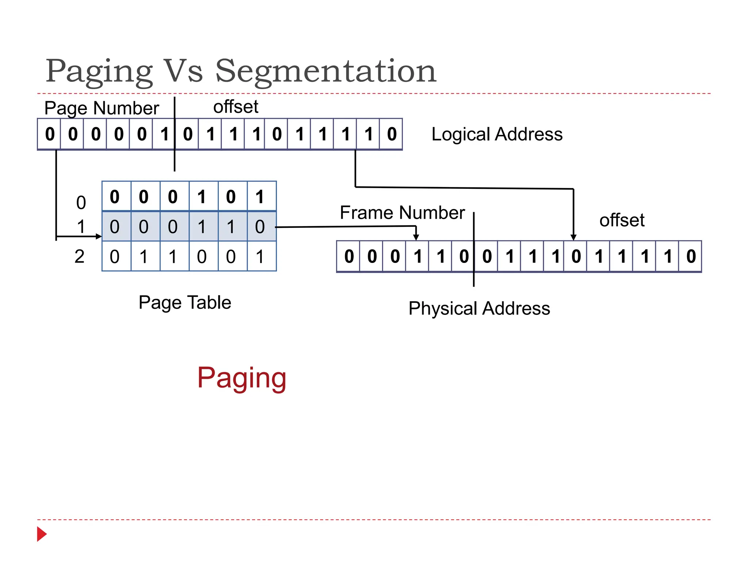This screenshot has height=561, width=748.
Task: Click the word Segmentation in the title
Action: point(326,71)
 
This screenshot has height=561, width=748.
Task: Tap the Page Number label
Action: point(102,108)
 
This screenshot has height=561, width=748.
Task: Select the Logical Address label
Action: point(497,134)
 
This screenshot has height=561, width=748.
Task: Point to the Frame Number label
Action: point(402,213)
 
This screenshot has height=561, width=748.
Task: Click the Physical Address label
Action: point(479,309)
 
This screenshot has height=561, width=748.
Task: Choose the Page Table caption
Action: point(185,303)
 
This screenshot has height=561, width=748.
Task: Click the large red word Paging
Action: point(242,378)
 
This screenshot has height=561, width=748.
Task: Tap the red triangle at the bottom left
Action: point(42,534)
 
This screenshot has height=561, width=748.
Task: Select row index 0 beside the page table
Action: point(81,203)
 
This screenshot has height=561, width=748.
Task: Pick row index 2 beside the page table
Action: point(80,256)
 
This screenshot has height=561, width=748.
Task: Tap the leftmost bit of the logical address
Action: point(50,134)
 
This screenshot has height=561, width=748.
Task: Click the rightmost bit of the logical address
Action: point(392,134)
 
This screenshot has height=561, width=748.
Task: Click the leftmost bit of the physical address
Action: point(349,256)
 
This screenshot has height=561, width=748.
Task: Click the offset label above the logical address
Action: point(236,107)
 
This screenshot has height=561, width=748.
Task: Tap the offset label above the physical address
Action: point(622,220)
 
